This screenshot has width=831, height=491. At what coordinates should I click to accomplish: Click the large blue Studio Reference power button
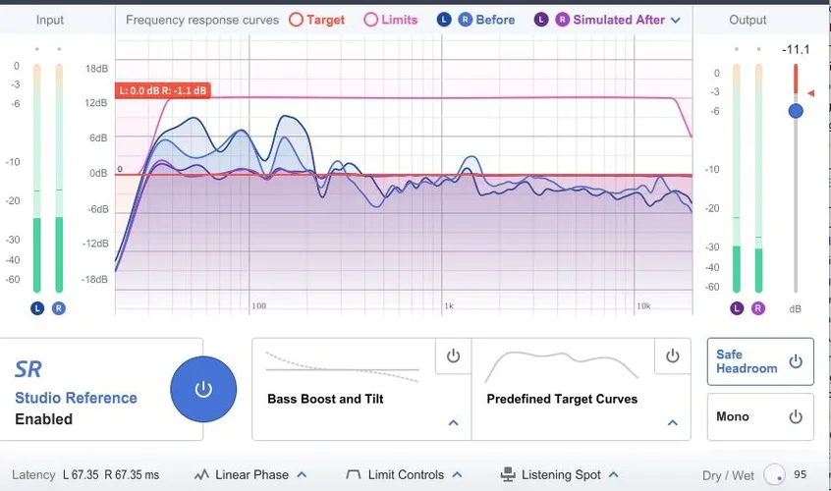tap(203, 389)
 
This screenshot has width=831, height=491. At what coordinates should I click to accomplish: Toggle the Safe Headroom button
tap(760, 361)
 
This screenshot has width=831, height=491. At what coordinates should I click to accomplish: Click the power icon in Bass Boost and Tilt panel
tap(453, 356)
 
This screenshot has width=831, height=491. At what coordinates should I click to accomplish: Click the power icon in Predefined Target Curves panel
tap(672, 356)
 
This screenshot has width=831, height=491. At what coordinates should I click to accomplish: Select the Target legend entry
tap(317, 20)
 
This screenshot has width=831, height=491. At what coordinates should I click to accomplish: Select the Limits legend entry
tap(391, 20)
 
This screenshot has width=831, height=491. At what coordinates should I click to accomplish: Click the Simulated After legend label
tap(618, 20)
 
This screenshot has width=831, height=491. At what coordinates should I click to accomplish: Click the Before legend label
tap(495, 20)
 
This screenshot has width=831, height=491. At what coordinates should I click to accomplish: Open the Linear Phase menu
tap(250, 474)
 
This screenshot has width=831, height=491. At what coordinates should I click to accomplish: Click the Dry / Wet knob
tap(776, 475)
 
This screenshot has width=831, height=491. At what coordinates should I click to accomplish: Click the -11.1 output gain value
tap(795, 49)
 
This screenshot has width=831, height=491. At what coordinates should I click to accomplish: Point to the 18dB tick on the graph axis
tap(96, 69)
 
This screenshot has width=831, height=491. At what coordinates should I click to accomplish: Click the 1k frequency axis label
tap(448, 306)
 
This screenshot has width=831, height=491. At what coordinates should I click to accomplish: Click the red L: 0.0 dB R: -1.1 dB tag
tap(163, 90)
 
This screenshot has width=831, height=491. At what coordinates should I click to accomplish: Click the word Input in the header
tap(50, 20)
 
